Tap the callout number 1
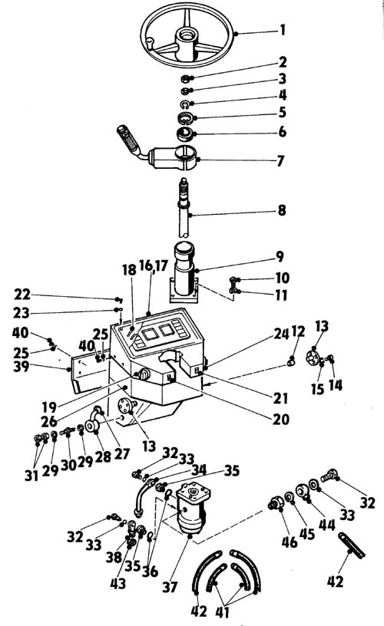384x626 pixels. [x=283, y=30]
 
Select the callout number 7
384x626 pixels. [x=280, y=161]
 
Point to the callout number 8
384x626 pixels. [x=282, y=210]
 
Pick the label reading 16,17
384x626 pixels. [x=153, y=265]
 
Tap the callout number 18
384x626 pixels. [x=129, y=270]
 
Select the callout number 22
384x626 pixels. [x=22, y=295]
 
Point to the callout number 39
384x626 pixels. [x=22, y=366]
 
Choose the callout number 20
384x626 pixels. [x=281, y=419]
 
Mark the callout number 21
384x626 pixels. [x=280, y=398]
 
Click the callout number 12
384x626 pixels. [x=298, y=331]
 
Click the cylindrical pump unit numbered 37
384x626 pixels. [x=192, y=507]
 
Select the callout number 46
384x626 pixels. [x=290, y=542]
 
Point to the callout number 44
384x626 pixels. [x=327, y=525]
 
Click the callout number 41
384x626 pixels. [x=223, y=611]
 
